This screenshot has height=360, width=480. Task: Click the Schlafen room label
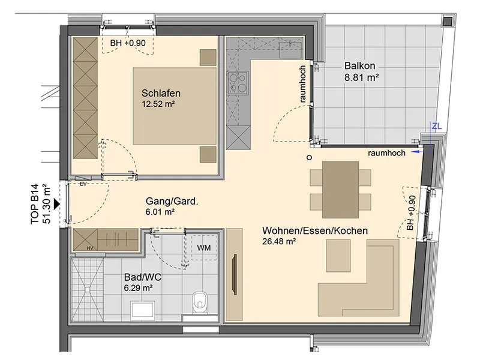[161, 93]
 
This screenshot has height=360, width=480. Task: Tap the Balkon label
[359, 66]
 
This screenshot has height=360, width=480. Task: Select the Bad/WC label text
[143, 277]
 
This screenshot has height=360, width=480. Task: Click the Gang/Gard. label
[172, 201]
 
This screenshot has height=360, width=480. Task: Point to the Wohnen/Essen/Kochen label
[315, 230]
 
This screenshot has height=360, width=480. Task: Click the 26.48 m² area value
[279, 241]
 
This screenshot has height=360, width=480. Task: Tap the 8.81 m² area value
[362, 77]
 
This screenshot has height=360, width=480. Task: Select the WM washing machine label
[204, 247]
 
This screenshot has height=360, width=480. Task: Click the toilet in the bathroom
[200, 302]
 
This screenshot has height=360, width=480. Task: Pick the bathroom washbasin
[142, 310]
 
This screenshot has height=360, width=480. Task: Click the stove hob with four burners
[237, 83]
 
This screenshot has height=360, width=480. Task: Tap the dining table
[340, 190]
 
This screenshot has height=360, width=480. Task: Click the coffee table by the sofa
[338, 256]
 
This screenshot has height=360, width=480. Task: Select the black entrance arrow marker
[57, 204]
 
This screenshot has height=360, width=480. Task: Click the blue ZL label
[437, 126]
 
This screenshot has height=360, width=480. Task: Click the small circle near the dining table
[309, 157]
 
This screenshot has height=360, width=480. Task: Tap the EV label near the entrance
[83, 184]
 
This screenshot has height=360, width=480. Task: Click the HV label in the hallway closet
[89, 248]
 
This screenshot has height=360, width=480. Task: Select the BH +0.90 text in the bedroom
[128, 43]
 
